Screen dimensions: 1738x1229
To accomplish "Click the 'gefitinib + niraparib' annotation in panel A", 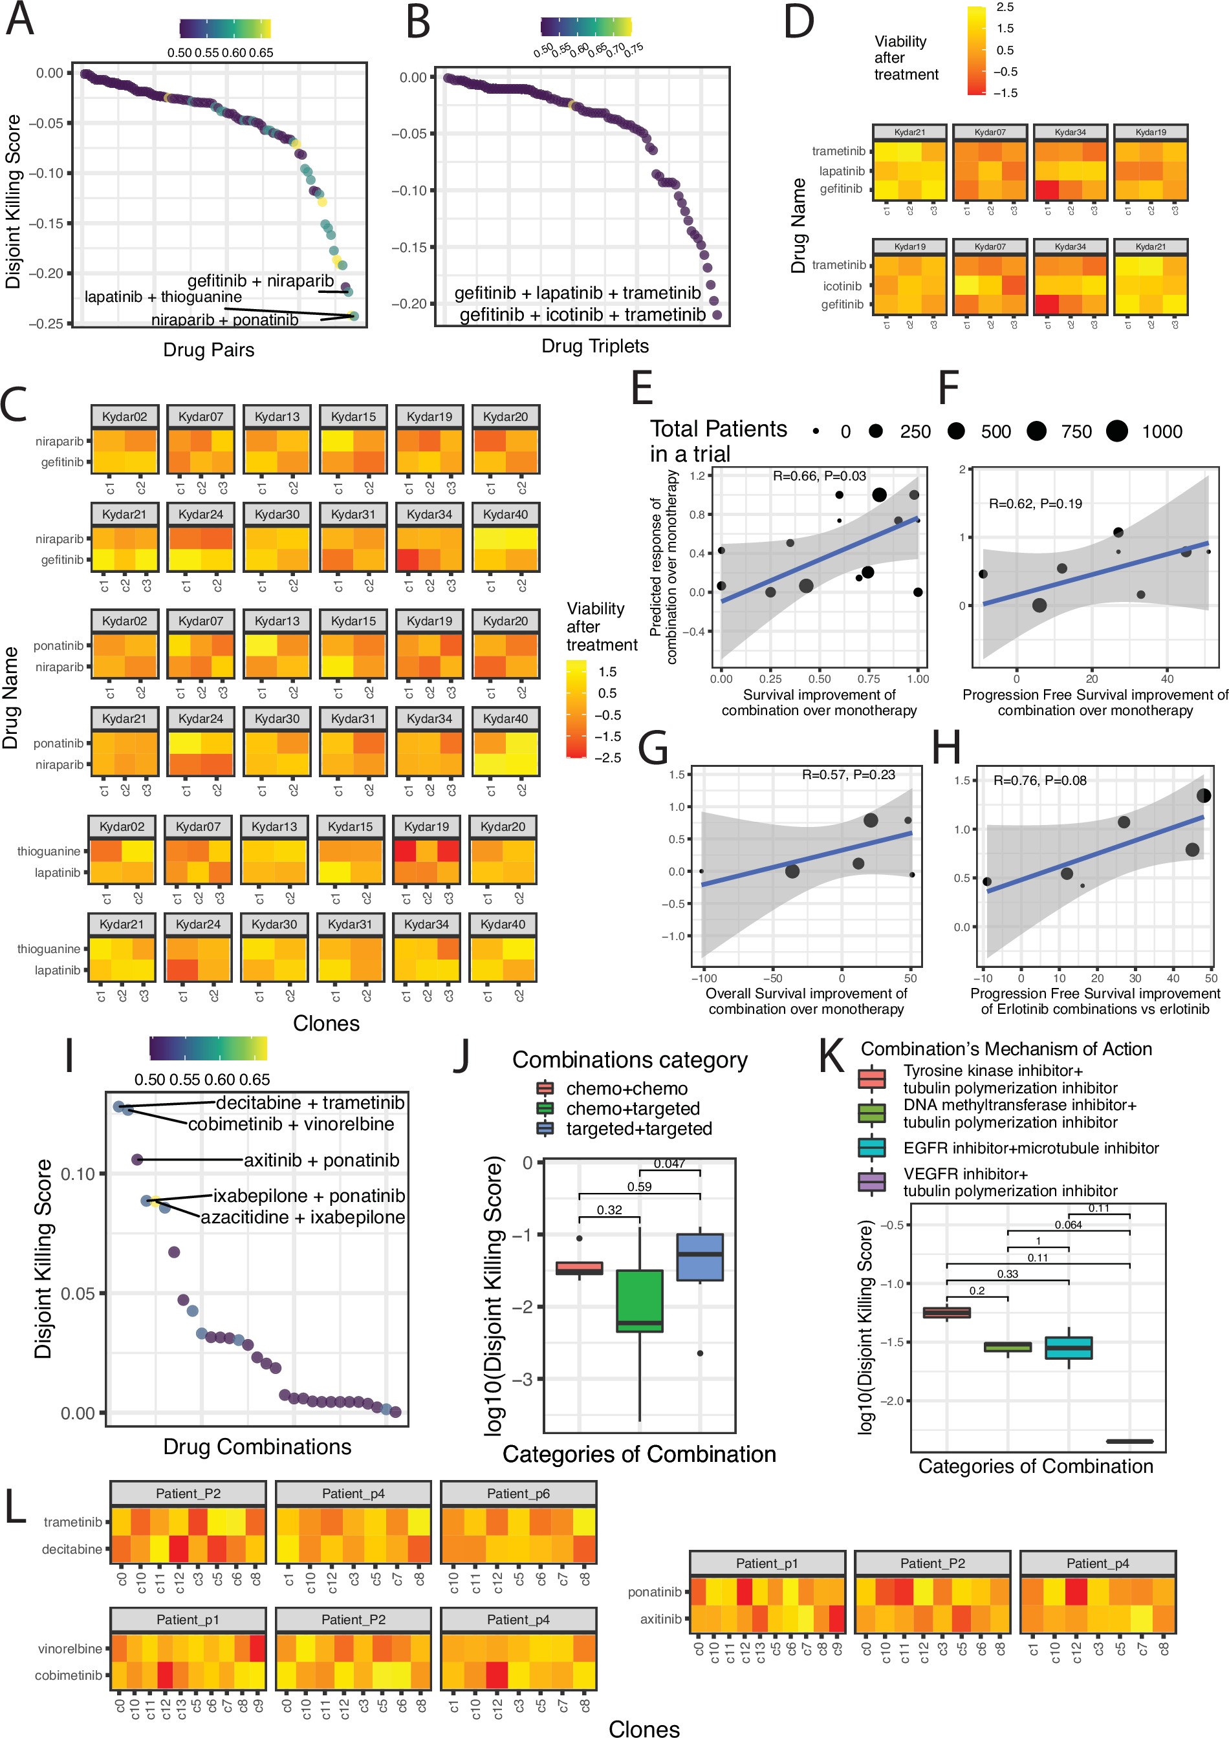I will coord(261,281).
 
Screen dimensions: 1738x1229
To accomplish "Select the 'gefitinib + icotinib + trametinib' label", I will coord(582,315).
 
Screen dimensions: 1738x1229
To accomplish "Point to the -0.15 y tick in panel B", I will coord(409,248).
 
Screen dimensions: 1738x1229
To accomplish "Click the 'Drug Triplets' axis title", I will coord(594,346).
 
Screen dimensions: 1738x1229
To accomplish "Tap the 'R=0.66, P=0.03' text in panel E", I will coord(818,476).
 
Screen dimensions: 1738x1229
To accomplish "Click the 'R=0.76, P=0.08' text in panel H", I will coord(1039,780).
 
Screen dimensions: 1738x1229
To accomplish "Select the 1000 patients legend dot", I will coord(1116,431).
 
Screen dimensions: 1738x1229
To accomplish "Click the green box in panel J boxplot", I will coord(639,1300).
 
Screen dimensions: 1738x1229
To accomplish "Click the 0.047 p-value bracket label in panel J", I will coord(669,1163).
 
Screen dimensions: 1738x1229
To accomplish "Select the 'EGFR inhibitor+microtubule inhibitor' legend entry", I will coord(1030,1148).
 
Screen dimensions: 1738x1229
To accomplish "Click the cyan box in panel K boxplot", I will coord(1068,1347).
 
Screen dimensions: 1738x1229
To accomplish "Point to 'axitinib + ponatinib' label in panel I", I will coord(321,1160).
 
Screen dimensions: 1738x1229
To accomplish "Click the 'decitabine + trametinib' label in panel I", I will coord(310,1103).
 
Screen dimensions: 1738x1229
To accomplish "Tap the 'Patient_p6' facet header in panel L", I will coord(518,1494).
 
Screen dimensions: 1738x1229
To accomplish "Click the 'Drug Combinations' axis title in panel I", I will coord(257,1446).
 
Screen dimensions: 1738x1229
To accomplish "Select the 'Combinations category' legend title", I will coord(629,1060).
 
